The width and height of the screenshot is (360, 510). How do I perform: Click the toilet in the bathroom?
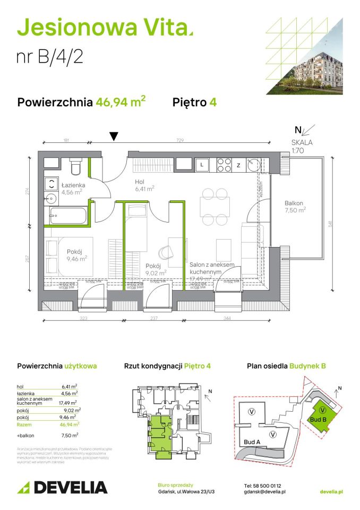(75, 167)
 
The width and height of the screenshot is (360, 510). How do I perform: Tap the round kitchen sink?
(253, 165)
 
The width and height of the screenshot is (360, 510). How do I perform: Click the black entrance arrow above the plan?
(113, 137)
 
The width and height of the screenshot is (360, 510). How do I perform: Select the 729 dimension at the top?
(181, 140)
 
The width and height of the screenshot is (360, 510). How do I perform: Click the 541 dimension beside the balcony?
(330, 225)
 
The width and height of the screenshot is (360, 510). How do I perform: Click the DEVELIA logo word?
(71, 487)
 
